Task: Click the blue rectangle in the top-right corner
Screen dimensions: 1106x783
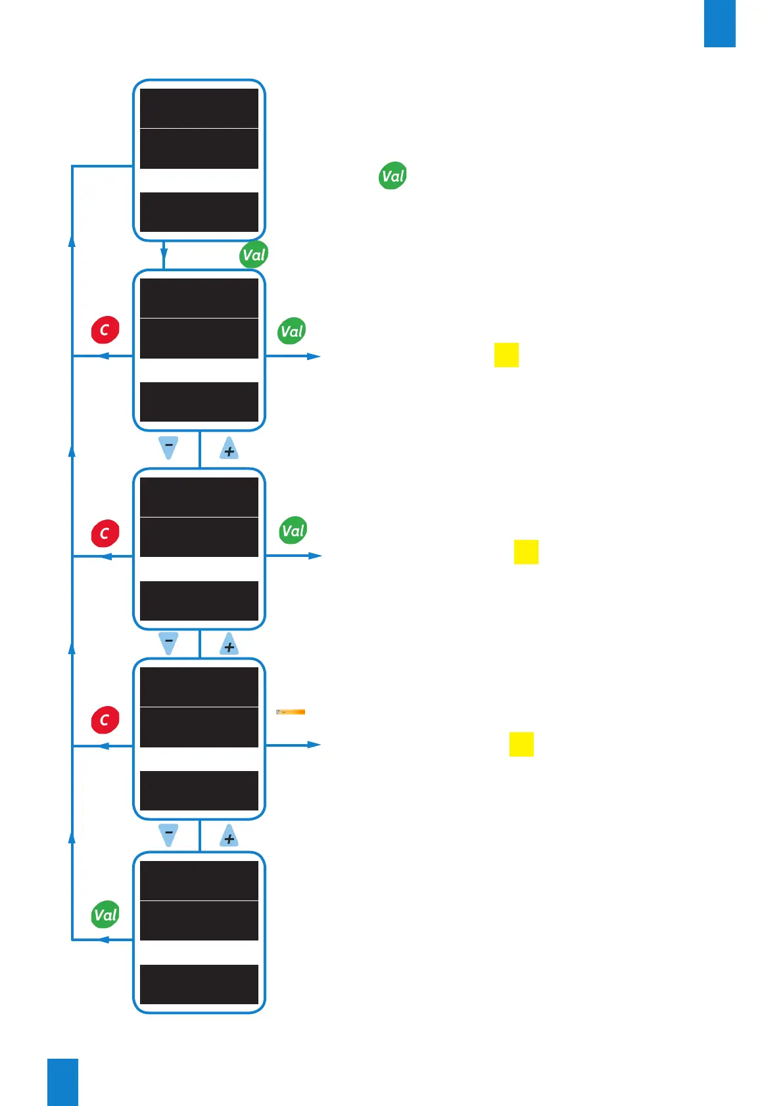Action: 719,23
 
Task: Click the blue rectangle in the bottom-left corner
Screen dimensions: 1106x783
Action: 62,1082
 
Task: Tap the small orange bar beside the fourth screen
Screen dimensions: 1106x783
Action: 291,712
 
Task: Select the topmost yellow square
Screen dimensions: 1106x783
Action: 506,355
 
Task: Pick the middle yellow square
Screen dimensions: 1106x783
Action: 526,552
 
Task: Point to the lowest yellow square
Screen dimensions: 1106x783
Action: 521,744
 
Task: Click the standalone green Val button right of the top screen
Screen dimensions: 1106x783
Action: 393,176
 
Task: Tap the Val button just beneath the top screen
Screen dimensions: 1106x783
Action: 254,255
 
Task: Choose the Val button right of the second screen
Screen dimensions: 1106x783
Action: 292,332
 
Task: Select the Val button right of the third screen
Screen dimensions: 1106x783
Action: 293,531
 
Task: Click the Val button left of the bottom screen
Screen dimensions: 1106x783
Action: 105,915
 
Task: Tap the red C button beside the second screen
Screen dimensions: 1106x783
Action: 105,330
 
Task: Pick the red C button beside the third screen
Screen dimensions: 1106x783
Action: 105,533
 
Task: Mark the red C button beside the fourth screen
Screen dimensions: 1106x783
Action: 105,720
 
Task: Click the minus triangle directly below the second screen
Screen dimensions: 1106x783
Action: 169,447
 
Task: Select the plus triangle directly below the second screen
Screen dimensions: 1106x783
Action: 229,449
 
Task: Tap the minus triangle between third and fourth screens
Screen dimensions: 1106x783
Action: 169,642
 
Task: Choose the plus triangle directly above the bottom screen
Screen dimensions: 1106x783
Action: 229,836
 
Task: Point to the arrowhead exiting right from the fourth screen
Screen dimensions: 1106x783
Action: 314,745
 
